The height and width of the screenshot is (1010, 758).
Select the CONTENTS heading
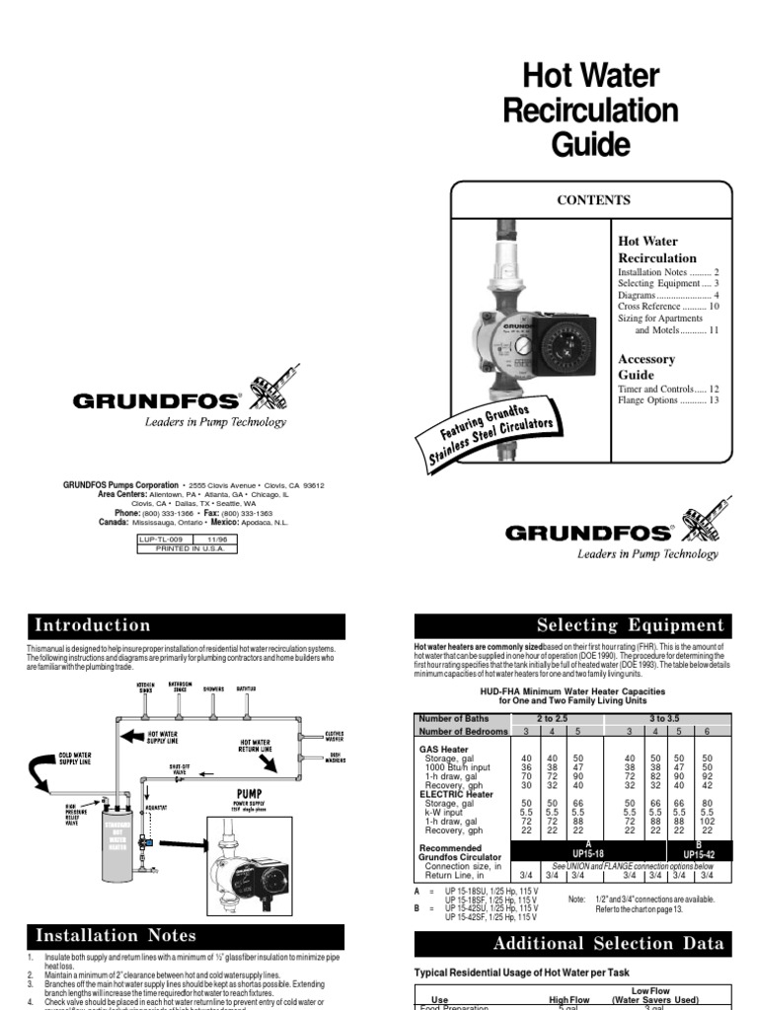tap(593, 200)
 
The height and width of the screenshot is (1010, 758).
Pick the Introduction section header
tap(93, 625)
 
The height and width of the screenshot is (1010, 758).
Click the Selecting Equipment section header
tap(630, 625)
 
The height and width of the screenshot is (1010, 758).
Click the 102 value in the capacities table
tap(708, 821)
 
